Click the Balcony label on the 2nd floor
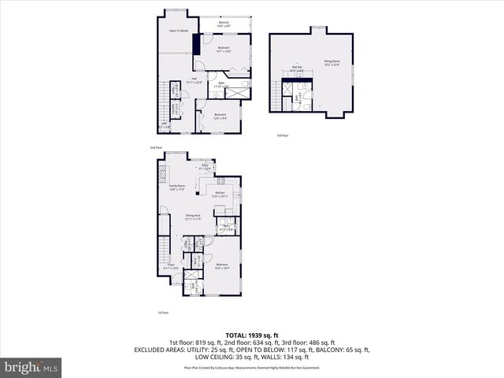[x=223, y=24]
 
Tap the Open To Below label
[x=178, y=31]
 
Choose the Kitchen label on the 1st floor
[x=220, y=194]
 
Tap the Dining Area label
[x=193, y=217]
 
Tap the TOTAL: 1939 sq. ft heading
[x=251, y=335]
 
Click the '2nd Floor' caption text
[x=156, y=147]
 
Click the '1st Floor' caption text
[x=162, y=312]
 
